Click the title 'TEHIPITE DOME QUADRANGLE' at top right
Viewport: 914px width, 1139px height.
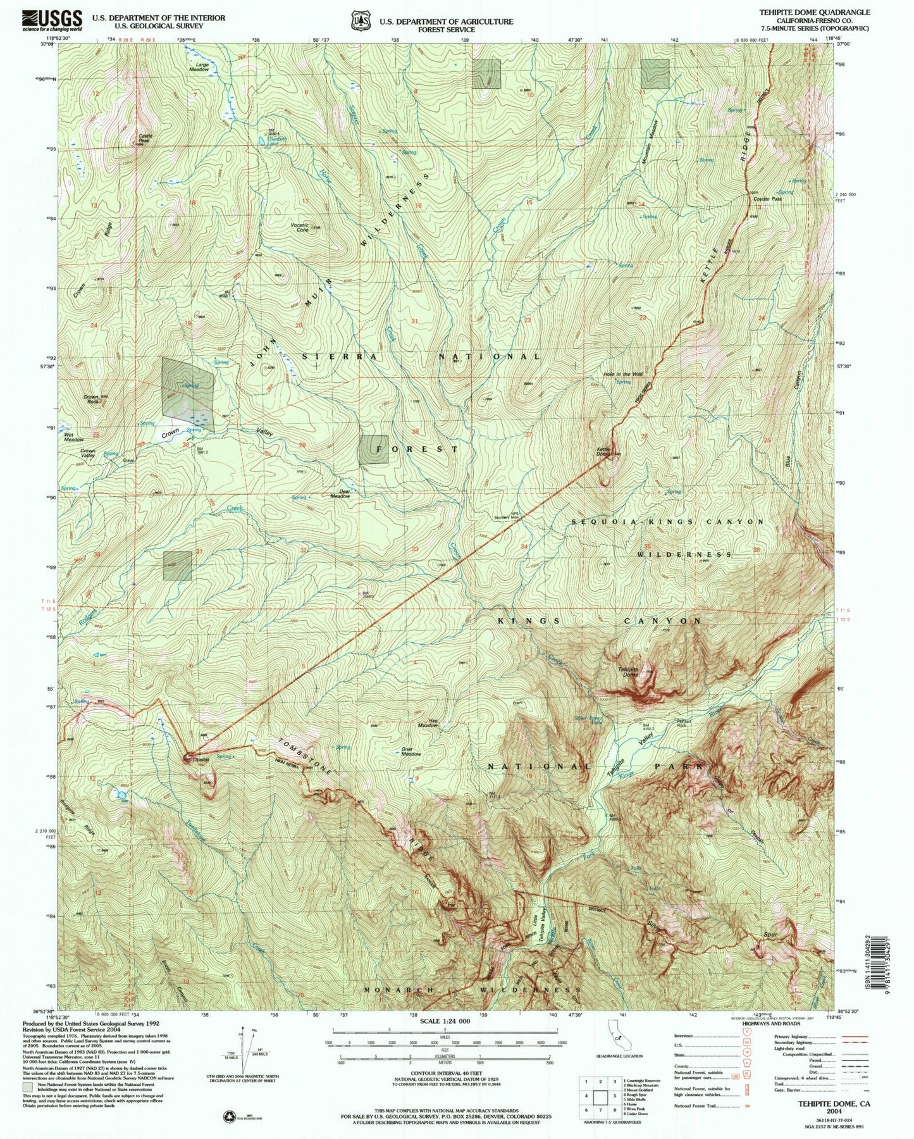(x=818, y=12)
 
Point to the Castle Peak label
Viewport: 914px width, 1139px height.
(x=145, y=138)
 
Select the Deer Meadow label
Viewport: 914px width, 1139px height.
(x=340, y=494)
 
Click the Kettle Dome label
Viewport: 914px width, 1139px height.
(x=603, y=452)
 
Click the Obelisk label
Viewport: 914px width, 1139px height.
(x=202, y=760)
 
